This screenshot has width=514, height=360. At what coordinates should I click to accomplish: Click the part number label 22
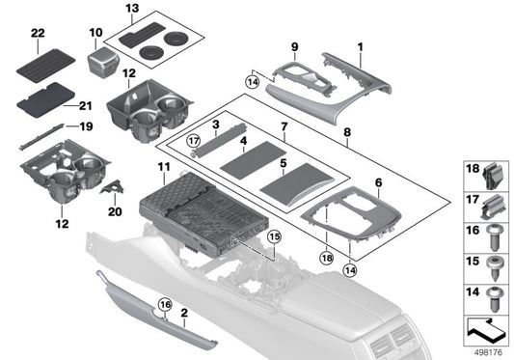37,34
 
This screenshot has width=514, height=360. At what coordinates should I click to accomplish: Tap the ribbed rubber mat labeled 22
46,63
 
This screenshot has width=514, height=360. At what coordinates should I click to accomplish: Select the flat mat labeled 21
46,95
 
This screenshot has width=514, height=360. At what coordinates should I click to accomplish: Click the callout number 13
132,8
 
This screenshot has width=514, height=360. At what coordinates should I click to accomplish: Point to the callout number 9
296,45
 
